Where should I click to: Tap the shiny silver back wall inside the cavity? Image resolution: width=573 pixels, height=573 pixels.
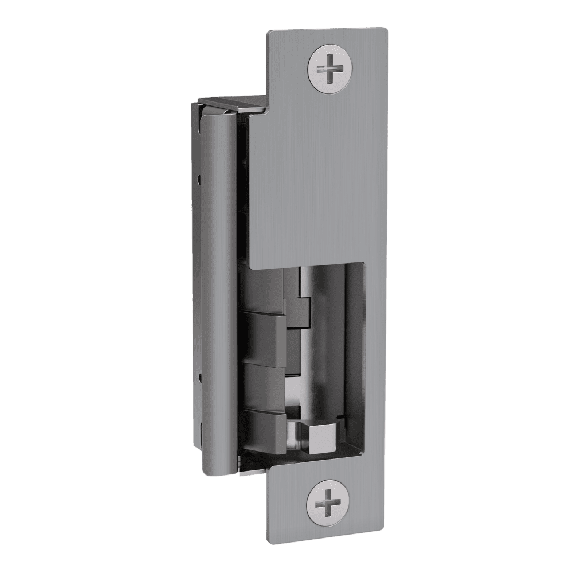click(327, 355)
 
